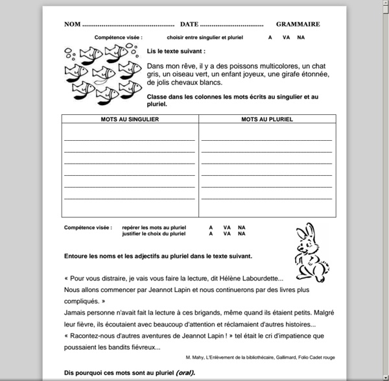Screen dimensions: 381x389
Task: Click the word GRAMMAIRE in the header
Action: click(298, 24)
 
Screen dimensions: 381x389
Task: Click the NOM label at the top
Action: click(72, 24)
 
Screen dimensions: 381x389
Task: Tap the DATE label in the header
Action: click(189, 24)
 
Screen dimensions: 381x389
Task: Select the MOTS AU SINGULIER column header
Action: click(130, 119)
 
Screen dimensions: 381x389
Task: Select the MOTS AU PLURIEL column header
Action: click(267, 119)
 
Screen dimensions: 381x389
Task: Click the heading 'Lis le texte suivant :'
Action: click(176, 51)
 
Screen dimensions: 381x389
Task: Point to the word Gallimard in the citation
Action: click(283, 358)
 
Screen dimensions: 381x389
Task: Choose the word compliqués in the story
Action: click(82, 301)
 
